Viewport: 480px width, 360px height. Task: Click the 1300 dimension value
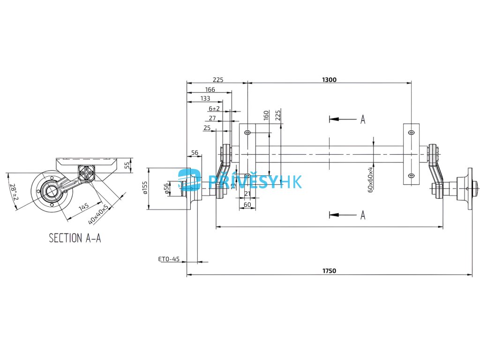click(x=329, y=80)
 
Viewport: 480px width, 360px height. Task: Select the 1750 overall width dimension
click(x=329, y=271)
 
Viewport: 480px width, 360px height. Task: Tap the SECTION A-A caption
click(x=75, y=238)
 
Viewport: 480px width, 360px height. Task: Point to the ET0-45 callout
click(x=169, y=259)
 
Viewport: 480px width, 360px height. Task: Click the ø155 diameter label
click(x=145, y=188)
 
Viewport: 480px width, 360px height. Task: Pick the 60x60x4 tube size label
click(x=370, y=179)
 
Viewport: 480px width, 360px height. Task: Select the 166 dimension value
click(x=210, y=89)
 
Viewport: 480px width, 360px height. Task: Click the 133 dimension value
click(x=205, y=98)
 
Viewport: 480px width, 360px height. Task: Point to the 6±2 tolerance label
click(x=214, y=108)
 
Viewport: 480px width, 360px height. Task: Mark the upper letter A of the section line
click(x=362, y=120)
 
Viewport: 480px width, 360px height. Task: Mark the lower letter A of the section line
click(x=362, y=215)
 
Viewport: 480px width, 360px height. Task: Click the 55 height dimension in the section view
click(x=127, y=165)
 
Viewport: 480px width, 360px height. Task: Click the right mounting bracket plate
click(x=411, y=154)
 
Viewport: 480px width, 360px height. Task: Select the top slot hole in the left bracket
click(x=247, y=133)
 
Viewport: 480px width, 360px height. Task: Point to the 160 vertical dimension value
click(x=266, y=115)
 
